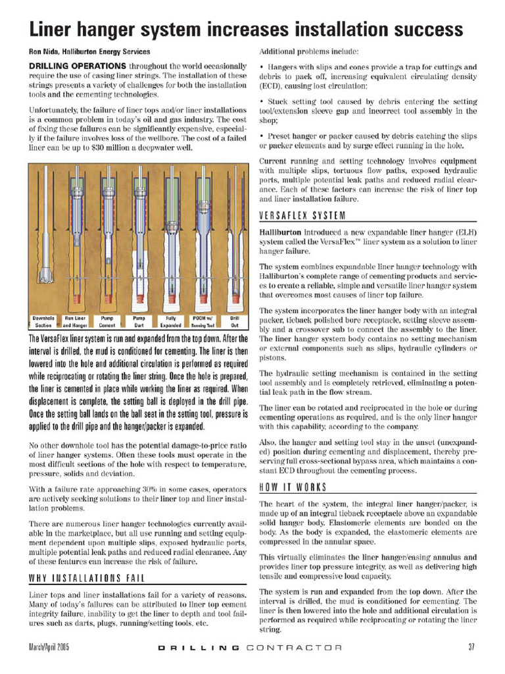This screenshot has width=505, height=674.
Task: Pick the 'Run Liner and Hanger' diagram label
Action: [x=76, y=321]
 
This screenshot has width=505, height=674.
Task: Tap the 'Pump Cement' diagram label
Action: [x=107, y=321]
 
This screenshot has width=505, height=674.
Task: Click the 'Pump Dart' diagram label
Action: [x=139, y=321]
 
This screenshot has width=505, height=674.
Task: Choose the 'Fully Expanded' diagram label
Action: [x=170, y=321]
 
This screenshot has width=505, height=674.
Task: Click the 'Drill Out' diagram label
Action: [x=234, y=321]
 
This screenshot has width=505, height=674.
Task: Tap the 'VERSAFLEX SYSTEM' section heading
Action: [x=303, y=215]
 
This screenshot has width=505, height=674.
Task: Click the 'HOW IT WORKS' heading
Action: [x=293, y=488]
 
